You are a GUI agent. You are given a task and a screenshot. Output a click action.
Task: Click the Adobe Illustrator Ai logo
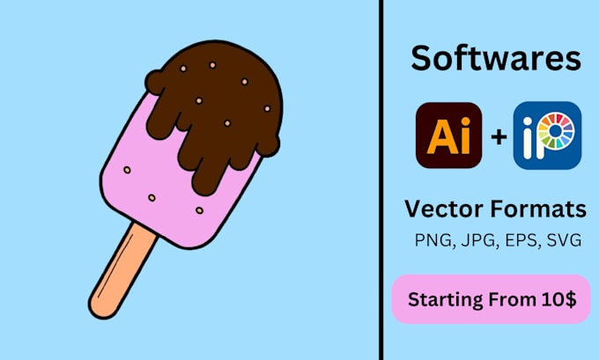click(448, 136)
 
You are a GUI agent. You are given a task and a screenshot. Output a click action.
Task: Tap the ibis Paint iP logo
click(547, 136)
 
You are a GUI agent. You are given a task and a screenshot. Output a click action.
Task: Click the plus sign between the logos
click(499, 136)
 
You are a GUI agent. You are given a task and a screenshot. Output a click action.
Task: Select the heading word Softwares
click(496, 59)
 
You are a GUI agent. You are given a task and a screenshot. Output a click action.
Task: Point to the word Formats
click(540, 209)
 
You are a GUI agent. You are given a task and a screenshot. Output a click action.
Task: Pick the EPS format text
click(518, 239)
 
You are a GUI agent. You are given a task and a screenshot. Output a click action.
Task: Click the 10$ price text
click(557, 299)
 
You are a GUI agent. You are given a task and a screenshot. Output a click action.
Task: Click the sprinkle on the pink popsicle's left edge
click(127, 169)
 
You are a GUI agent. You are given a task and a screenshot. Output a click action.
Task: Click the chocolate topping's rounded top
click(225, 66)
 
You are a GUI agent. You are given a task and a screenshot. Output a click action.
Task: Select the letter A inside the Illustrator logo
click(440, 136)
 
